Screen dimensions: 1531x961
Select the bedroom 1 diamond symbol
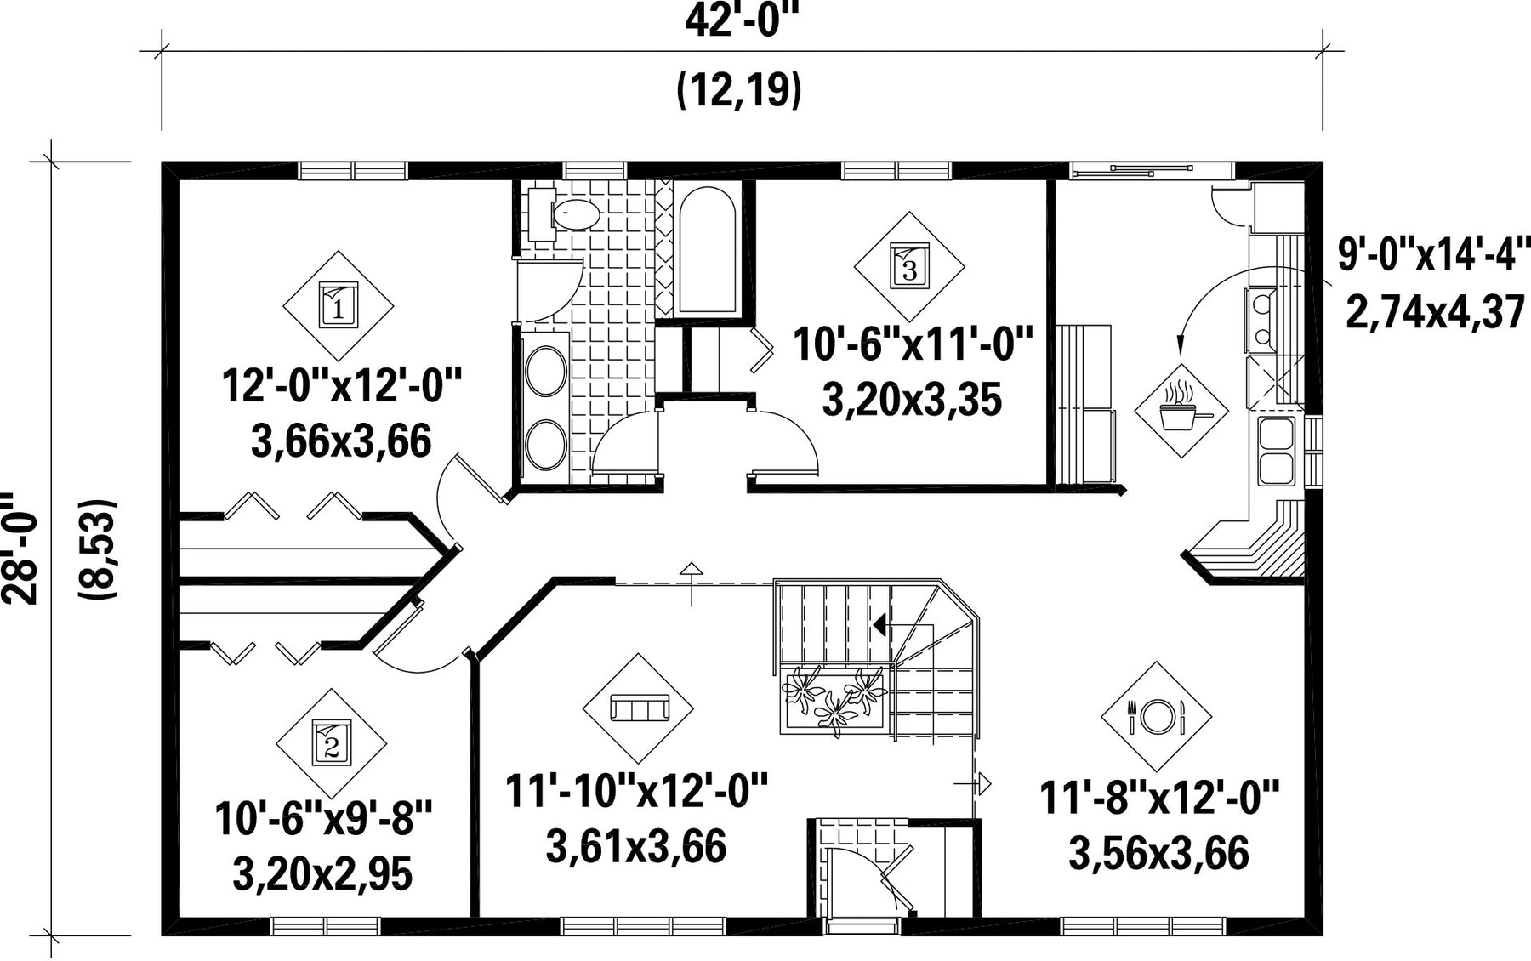338,305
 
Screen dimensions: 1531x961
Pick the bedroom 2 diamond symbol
332,742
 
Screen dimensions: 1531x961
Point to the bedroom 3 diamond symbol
909,267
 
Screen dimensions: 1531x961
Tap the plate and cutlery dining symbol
1156,717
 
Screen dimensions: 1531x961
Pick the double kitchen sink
1275,451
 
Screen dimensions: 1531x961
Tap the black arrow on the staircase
879,625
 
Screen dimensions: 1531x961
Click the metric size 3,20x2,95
322,874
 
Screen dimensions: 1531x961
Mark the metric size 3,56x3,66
1158,854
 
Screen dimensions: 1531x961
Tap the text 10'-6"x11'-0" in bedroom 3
913,345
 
